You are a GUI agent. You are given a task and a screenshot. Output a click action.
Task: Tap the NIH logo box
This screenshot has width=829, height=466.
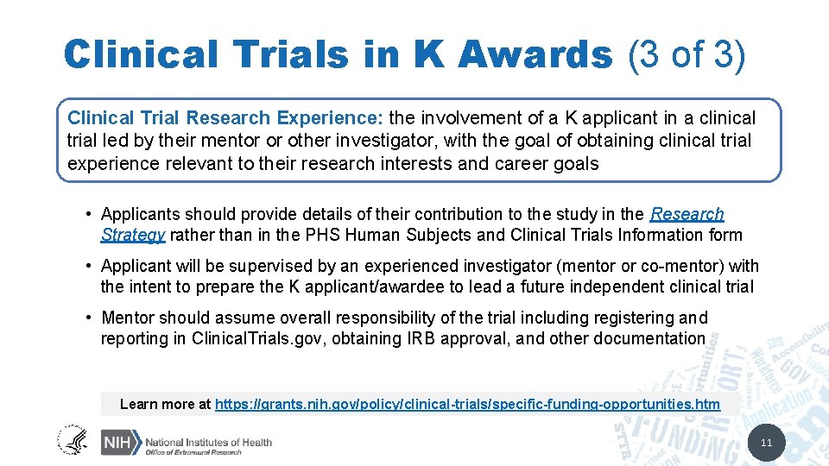120,443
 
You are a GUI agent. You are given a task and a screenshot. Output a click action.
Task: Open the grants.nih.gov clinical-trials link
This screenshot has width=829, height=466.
467,404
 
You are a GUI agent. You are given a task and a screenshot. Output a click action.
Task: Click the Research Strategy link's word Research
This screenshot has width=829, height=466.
687,214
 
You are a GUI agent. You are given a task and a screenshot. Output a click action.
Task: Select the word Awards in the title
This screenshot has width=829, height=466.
535,54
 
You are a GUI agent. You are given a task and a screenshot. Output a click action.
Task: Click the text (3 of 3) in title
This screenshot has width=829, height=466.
687,54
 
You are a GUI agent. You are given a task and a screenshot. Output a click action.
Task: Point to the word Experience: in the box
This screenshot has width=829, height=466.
341,117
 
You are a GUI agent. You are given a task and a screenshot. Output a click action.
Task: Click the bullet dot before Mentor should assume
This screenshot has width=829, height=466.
90,318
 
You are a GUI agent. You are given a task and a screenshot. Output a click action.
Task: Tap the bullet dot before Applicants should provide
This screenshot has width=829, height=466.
90,214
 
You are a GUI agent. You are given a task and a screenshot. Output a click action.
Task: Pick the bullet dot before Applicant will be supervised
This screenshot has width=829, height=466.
90,266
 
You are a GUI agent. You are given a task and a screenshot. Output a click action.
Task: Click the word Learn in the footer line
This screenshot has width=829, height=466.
138,404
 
